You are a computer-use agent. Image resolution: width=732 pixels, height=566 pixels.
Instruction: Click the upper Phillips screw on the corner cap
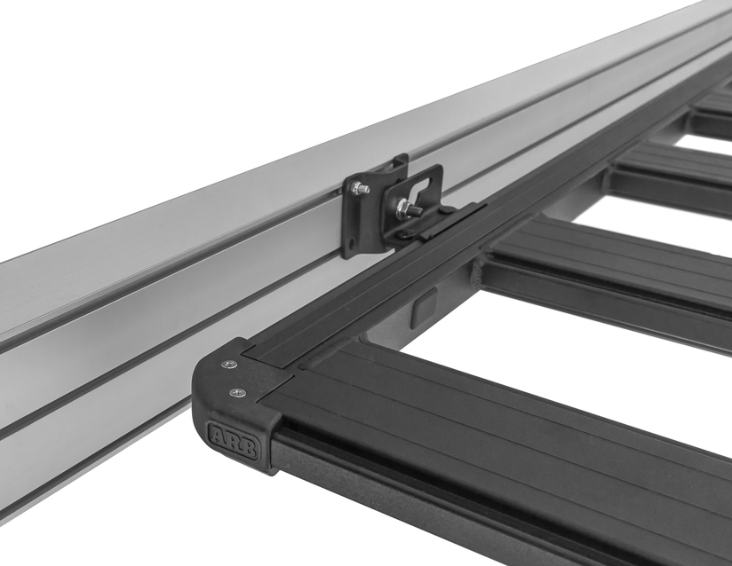[229, 365]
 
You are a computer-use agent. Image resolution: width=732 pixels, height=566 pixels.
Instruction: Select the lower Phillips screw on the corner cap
[238, 393]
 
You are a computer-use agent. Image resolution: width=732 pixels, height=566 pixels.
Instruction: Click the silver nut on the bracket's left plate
[360, 188]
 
